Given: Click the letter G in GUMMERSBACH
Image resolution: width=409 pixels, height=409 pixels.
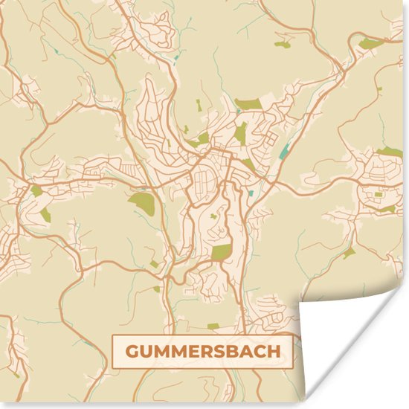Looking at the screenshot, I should (x=132, y=351).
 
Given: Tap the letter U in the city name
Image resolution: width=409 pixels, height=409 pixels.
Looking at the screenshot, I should (x=149, y=351).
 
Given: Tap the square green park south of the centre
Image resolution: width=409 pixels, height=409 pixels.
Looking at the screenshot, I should (x=222, y=251).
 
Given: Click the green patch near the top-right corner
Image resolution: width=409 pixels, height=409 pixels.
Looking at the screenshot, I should (x=370, y=43).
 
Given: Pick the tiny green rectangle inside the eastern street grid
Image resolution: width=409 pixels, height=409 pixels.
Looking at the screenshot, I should (x=378, y=193).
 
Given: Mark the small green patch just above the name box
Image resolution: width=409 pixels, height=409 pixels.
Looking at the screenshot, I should (x=213, y=326).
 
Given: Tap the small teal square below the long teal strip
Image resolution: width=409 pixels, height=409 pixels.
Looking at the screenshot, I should (x=251, y=193).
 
